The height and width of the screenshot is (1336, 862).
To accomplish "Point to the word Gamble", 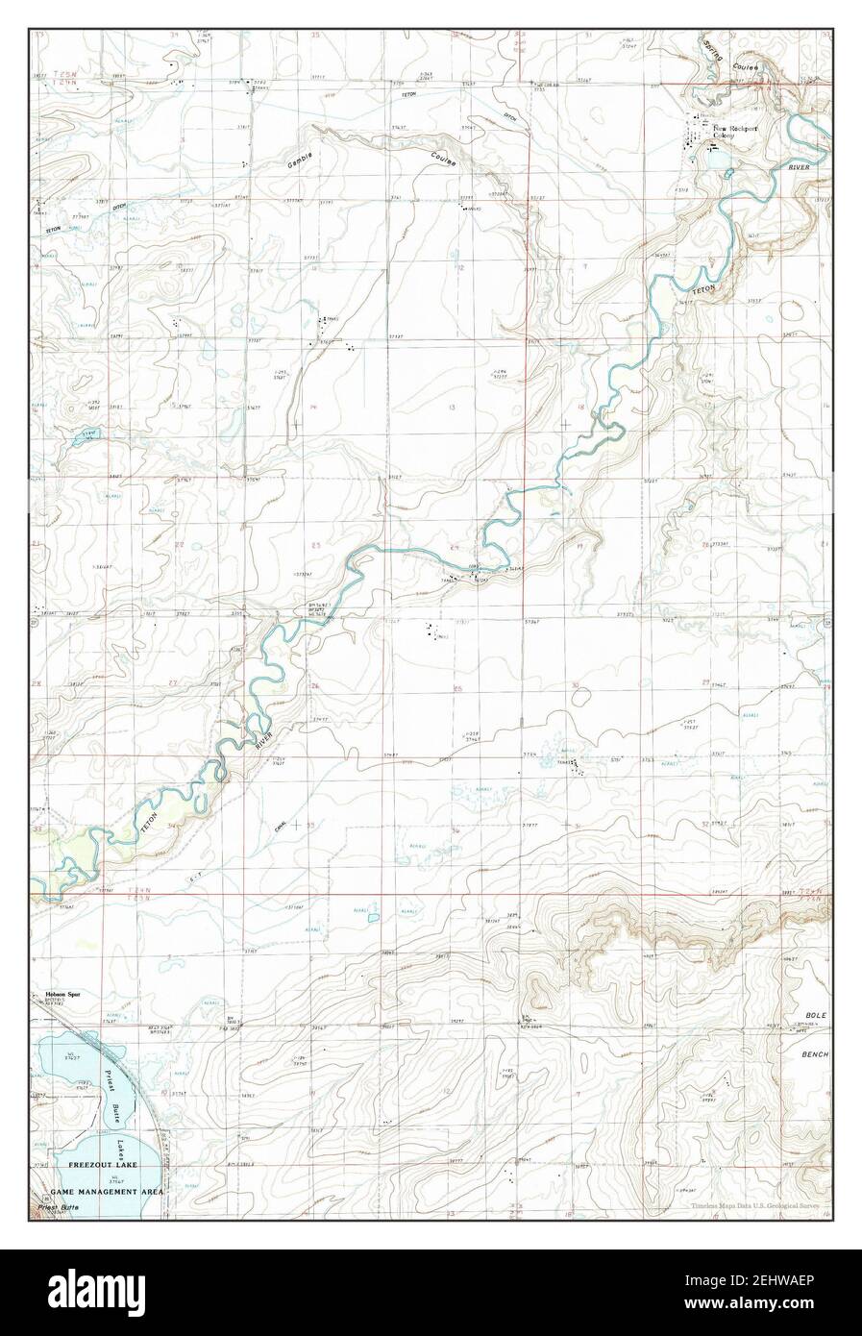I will [300, 160].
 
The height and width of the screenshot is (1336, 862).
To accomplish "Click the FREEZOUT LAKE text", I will [98, 1163].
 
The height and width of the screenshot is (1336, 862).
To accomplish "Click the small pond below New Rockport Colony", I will [729, 173].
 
